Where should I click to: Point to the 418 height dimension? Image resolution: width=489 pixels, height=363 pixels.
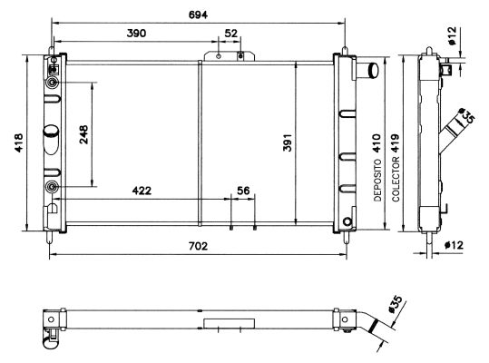[18, 142]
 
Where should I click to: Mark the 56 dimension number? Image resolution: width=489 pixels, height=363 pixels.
[242, 191]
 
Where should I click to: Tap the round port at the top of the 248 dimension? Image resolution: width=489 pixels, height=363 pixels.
[52, 83]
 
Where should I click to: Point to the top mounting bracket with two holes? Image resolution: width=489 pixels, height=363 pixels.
[228, 55]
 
